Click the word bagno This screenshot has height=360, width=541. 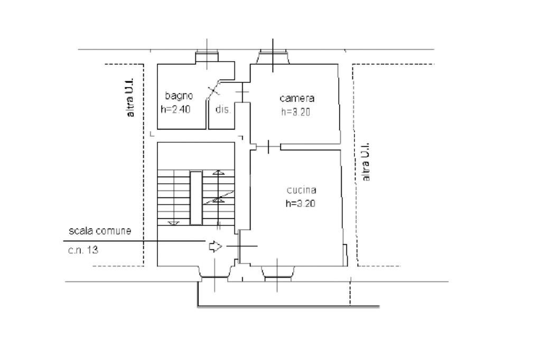click(179, 96)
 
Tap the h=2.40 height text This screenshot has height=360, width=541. click(175, 110)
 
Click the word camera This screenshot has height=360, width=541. click(297, 98)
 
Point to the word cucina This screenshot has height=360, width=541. click(301, 190)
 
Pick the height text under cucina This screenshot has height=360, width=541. click(301, 203)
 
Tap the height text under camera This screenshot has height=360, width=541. click(295, 111)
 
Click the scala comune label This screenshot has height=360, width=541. click(99, 231)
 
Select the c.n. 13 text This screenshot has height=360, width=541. click(83, 250)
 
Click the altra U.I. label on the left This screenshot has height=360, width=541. click(130, 98)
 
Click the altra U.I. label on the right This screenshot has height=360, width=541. click(366, 162)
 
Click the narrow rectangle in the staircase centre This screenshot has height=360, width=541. click(196, 197)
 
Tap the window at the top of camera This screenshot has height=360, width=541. click(273, 56)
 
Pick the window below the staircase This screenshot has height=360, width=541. click(215, 272)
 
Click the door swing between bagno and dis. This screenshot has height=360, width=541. click(214, 90)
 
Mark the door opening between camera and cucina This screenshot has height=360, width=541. click(268, 146)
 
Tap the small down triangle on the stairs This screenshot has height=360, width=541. click(171, 223)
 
